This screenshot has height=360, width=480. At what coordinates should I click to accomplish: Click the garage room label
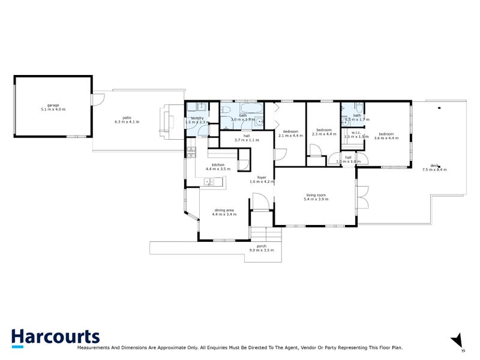pos(53,104)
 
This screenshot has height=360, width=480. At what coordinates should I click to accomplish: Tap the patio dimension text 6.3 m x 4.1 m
pos(127,122)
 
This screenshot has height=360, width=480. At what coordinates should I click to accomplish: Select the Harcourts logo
pos(55,337)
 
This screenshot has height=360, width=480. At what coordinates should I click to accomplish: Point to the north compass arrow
pos(458,340)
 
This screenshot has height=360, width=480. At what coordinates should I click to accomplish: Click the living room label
pos(316,194)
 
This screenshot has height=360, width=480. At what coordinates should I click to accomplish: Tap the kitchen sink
pos(210,181)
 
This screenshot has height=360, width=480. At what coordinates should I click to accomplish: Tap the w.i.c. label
pos(356,132)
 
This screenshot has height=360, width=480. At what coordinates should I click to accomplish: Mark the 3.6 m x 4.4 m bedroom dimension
pos(386,138)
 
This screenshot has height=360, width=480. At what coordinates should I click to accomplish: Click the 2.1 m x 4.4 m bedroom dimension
pos(290,135)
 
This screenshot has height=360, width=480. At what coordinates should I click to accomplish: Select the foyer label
pos(262,177)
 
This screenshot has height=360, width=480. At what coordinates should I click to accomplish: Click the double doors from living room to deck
pos(362,197)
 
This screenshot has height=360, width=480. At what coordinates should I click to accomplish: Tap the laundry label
pos(197,118)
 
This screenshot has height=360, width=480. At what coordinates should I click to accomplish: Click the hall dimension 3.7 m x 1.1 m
pos(247,140)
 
